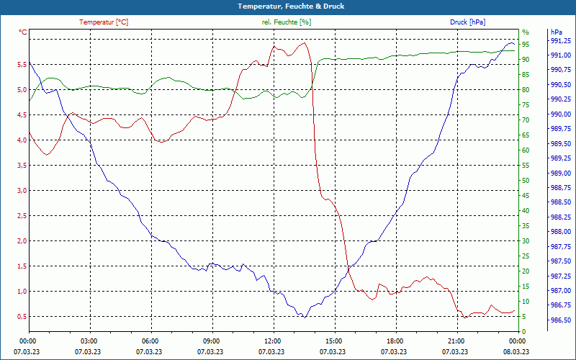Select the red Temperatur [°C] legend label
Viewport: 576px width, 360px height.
click(104, 22)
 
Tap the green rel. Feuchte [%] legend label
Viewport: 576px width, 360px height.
click(287, 22)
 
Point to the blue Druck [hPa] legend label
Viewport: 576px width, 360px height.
click(467, 22)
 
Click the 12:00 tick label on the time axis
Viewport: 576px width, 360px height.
click(272, 341)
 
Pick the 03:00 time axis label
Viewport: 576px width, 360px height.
click(89, 341)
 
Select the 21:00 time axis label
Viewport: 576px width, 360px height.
click(456, 341)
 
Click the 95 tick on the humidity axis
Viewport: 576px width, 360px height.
click(526, 45)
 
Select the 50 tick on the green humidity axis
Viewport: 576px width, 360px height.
click(526, 181)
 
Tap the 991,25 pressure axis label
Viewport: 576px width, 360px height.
click(561, 41)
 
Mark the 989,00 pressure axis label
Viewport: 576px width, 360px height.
click(561, 174)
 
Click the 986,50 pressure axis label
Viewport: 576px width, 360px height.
click(561, 320)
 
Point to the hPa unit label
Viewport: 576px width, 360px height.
click(556, 32)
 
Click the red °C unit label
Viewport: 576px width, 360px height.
click(23, 32)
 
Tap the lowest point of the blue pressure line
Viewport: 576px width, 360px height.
click(305, 317)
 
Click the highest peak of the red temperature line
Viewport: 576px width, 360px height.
click(304, 42)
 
